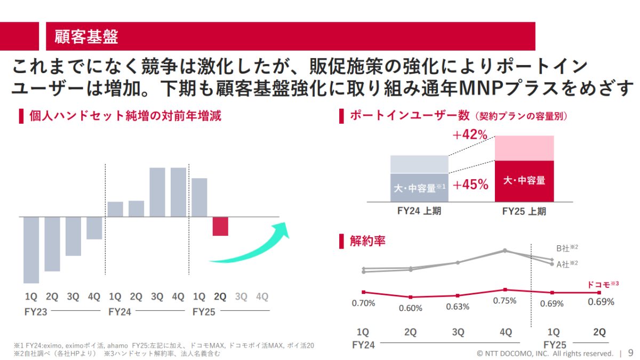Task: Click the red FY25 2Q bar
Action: [x=220, y=226]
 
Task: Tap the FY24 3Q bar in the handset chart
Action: [x=157, y=192]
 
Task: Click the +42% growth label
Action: [x=470, y=135]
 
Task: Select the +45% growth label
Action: [x=470, y=185]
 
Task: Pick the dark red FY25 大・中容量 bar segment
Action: [x=524, y=181]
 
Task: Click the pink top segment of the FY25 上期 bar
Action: [x=524, y=148]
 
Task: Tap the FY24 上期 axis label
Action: [x=419, y=211]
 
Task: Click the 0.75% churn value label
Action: [x=505, y=301]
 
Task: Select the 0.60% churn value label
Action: [x=410, y=308]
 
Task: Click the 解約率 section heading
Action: [x=367, y=241]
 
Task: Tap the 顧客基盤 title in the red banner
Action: [x=86, y=37]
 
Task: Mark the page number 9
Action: [x=630, y=353]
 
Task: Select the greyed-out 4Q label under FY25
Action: [x=262, y=297]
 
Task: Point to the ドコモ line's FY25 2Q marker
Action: [x=599, y=293]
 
